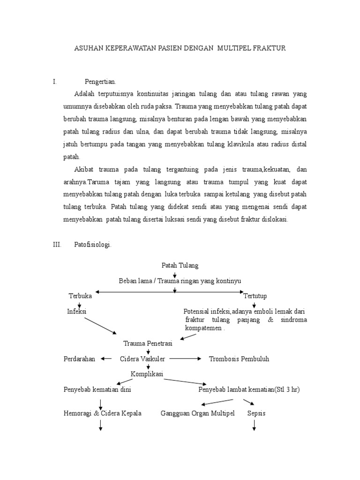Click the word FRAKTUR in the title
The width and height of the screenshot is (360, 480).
click(x=268, y=48)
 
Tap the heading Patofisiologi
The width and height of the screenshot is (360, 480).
click(x=92, y=245)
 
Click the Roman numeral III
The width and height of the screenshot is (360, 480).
click(x=57, y=245)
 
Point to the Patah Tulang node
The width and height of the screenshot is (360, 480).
click(x=180, y=265)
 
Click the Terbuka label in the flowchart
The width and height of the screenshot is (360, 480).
click(x=80, y=296)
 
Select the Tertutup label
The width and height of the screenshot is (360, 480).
click(x=255, y=296)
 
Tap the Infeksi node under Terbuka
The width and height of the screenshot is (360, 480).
click(x=77, y=311)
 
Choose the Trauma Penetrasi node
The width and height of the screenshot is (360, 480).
click(x=147, y=344)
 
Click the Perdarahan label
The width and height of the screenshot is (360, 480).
click(x=79, y=359)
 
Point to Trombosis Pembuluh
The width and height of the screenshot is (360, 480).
click(x=239, y=359)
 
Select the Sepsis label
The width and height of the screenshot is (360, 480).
click(x=256, y=413)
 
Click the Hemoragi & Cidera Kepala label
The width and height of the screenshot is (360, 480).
click(x=102, y=413)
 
